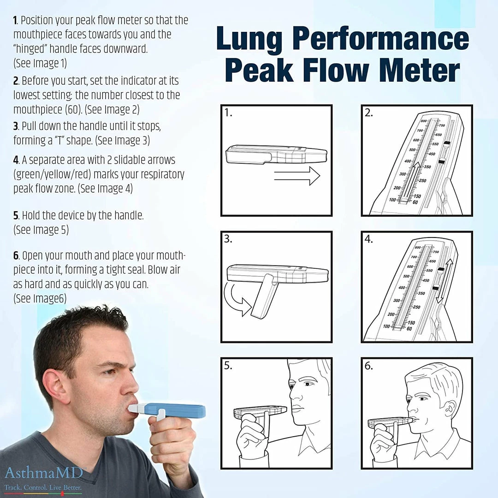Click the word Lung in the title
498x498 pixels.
[x=249, y=40]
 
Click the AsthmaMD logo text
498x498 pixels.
[x=44, y=473]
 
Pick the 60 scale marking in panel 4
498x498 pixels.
[x=409, y=329]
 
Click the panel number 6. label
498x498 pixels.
[x=368, y=366]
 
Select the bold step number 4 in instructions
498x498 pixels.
[x=16, y=160]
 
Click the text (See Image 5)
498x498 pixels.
[x=41, y=230]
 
